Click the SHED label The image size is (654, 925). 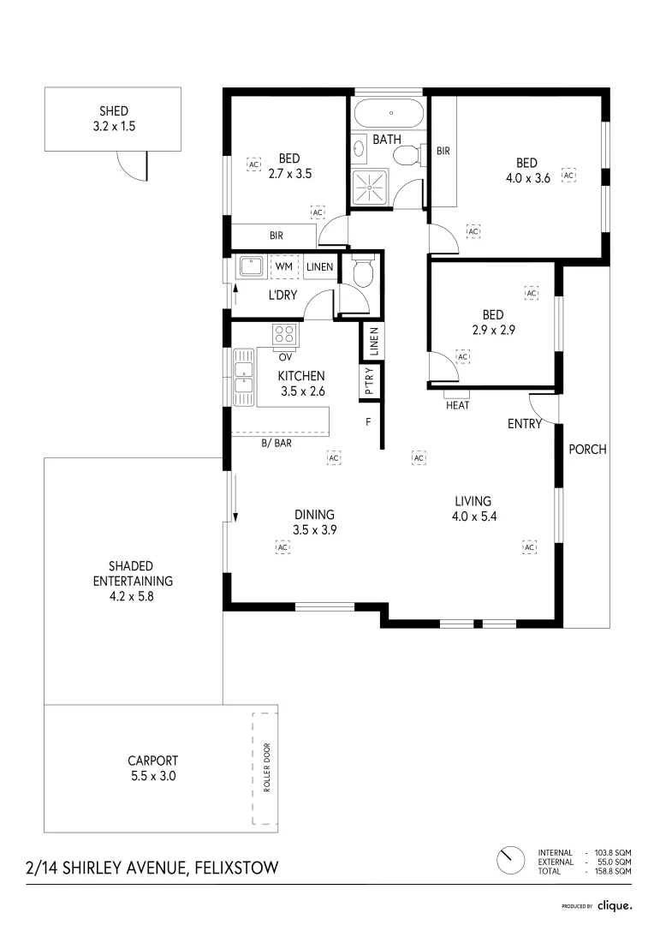coord(113,111)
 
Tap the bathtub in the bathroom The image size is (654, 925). coord(389,113)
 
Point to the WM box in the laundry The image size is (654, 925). coord(284,267)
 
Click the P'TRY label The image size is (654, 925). coord(370,382)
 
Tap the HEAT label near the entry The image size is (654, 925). coord(457,406)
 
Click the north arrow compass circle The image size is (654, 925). coord(511,859)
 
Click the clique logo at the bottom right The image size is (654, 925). coord(615,904)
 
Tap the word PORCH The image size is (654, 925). coord(587,449)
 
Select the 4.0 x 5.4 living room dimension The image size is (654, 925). coord(473,516)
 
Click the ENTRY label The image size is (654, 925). coord(524,424)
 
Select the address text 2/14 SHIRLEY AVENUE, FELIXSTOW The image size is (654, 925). coord(152,868)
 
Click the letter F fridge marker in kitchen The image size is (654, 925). coord(368,421)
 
